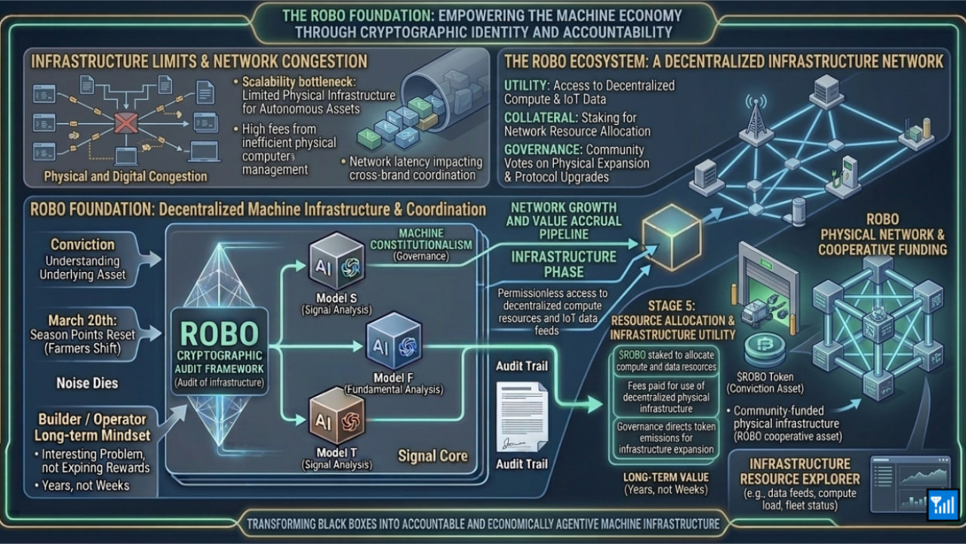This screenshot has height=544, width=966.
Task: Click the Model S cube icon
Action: [x=337, y=261]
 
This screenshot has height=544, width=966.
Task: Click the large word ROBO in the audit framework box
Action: [x=219, y=333]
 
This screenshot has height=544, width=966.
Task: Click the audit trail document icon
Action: [x=521, y=416]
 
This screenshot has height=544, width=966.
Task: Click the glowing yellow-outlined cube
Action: [x=671, y=235]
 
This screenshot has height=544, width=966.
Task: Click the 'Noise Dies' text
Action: [x=87, y=383]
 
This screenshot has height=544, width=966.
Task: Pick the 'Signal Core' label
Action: [x=432, y=456]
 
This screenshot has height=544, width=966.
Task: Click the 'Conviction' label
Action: [x=82, y=245]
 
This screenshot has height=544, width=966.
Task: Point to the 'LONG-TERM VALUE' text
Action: [x=666, y=478]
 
